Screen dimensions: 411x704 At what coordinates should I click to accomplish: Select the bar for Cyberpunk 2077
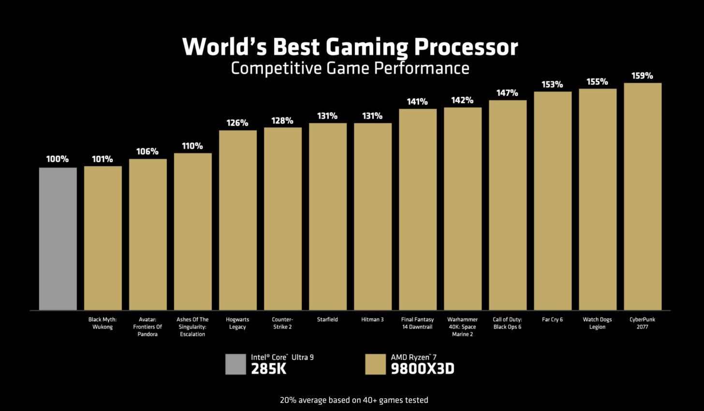coord(643,196)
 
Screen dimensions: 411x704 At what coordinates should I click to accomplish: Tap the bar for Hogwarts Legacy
coord(237,220)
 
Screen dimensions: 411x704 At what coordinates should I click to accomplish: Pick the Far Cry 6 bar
coord(553,200)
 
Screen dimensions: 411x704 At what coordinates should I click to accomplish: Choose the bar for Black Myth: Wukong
coord(103,238)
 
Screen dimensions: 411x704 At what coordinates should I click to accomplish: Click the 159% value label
coord(642,76)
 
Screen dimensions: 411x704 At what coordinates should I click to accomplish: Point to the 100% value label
coord(58,159)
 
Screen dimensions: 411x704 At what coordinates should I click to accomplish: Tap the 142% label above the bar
coord(462,100)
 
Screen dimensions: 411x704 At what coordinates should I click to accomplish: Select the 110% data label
coord(192,146)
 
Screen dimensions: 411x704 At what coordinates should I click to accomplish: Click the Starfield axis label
coord(327,320)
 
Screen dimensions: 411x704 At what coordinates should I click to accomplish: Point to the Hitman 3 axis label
coord(372,320)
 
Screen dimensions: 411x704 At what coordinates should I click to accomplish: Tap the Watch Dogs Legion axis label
coord(597,323)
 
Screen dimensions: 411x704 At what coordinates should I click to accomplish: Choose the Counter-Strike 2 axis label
coord(282,323)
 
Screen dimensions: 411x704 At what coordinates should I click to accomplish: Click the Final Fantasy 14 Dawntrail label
coord(417,323)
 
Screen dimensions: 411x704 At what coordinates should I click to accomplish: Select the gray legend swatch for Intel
coord(235,364)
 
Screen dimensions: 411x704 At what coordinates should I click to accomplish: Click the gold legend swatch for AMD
coord(375,364)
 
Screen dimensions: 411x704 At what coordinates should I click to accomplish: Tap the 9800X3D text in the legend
coord(423,369)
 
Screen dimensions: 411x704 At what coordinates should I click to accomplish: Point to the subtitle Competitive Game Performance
coord(350,68)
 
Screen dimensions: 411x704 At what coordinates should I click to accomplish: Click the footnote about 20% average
coord(354,400)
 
